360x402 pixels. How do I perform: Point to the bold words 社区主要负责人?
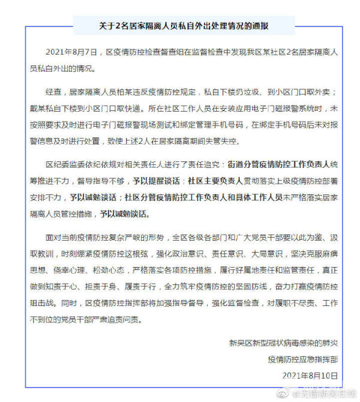(223, 179)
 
